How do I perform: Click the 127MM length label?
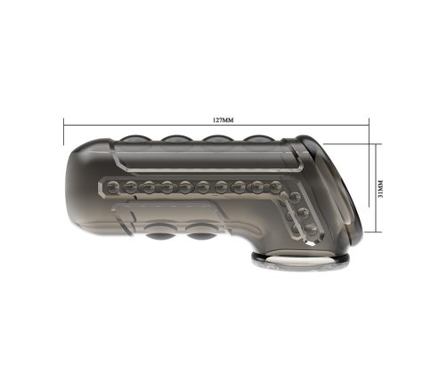223,120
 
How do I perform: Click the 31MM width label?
381,188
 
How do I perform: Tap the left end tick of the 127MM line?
64,131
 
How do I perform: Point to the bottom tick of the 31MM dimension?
372,232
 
